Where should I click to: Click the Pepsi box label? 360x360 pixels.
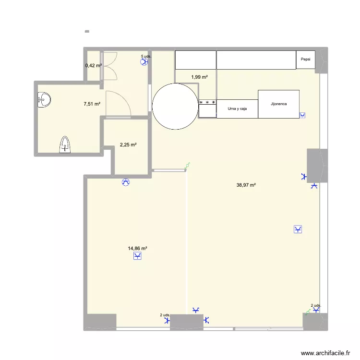(x=305, y=60)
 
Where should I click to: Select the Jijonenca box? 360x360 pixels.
(x=278, y=104)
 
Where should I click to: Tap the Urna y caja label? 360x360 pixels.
(x=237, y=109)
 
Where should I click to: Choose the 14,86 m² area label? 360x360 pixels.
(x=137, y=248)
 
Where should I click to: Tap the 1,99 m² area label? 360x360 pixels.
(x=199, y=77)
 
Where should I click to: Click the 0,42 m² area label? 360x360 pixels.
(x=93, y=65)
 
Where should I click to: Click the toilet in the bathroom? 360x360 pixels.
(x=65, y=144)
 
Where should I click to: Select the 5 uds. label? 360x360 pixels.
(x=146, y=56)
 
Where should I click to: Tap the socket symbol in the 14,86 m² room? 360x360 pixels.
(x=138, y=257)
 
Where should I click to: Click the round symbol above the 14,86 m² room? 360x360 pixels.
(x=126, y=182)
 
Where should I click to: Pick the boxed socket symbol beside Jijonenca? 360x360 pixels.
(x=302, y=115)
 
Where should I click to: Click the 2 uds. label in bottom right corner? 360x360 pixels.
(x=315, y=305)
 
